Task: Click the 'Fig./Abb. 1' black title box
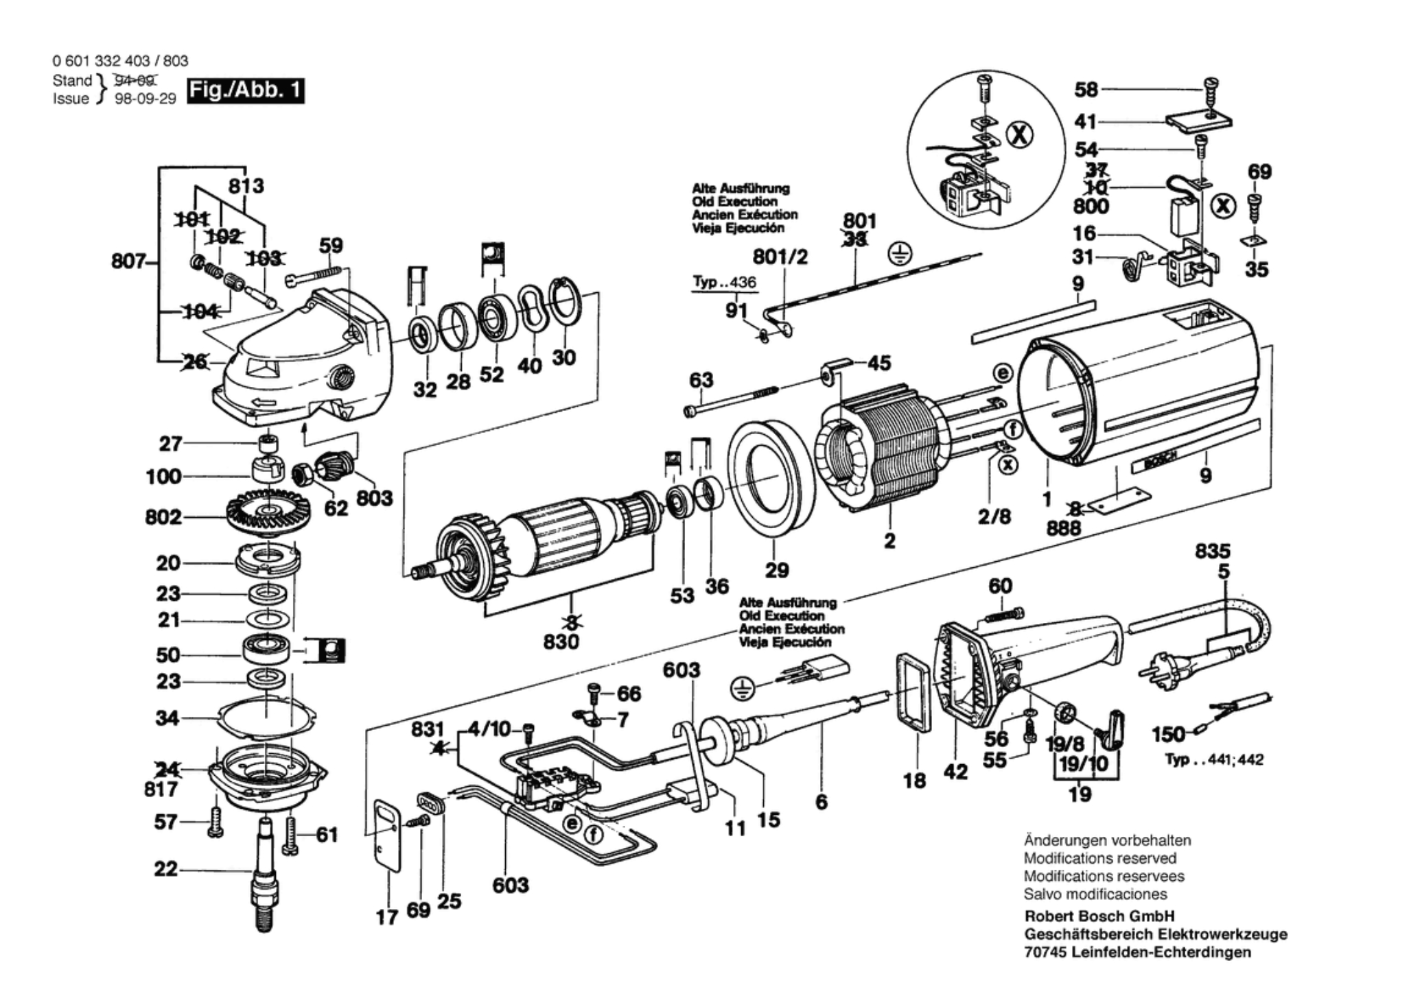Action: coord(245,91)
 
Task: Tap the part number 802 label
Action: coord(163,517)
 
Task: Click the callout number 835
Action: coord(1213,552)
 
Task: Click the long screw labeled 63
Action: coord(731,401)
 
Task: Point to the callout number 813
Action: coord(246,186)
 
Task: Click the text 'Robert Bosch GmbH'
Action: coord(1099,916)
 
